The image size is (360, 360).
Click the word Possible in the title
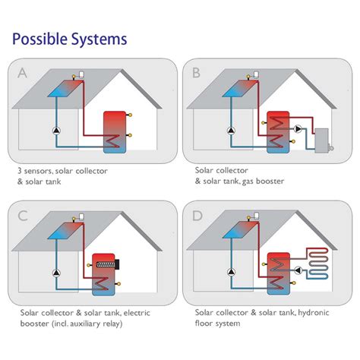point(39,39)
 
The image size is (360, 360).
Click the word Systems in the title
point(99,39)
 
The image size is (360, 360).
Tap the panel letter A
point(22,73)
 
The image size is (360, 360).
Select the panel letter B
point(196,73)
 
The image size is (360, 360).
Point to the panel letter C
point(23,216)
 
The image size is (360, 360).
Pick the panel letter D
point(197,216)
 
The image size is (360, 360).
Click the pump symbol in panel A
point(56,131)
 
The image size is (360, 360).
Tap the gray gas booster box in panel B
point(321,141)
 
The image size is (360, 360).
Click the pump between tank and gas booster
point(298,129)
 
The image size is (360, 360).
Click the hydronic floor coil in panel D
point(317,264)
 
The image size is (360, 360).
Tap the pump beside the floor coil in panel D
point(298,270)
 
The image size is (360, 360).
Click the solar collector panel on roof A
point(65,89)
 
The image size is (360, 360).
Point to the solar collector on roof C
point(65,231)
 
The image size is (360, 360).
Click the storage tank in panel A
point(115,132)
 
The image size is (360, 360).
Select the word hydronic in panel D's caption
point(314,313)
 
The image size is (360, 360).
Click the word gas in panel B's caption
point(248,182)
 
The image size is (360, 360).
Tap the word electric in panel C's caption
point(137,313)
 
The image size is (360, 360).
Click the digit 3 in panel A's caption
point(20,171)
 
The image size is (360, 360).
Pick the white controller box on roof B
point(256,74)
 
